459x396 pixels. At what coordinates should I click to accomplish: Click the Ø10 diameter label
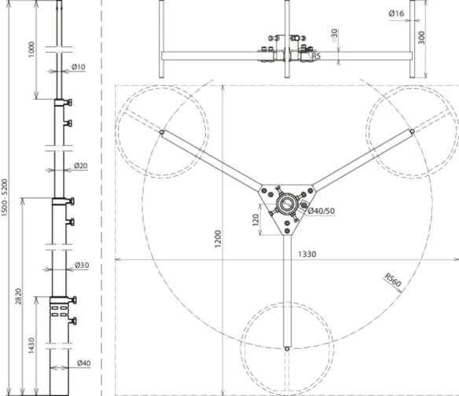[x=79, y=67]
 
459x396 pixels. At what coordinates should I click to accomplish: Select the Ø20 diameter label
[x=81, y=166]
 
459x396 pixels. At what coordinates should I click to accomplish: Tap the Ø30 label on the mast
[x=82, y=265]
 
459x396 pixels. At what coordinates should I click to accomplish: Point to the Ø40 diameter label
[x=84, y=363]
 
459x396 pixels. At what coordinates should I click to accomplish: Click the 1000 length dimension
[x=31, y=49]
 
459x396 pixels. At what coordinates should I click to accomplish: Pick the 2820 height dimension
[x=18, y=296]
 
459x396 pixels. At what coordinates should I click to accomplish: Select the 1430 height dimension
[x=31, y=346]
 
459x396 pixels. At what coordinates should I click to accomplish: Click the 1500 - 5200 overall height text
[x=5, y=197]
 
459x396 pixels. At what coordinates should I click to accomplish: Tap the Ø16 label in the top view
[x=396, y=13]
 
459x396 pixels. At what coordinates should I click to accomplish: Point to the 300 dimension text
[x=421, y=38]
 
